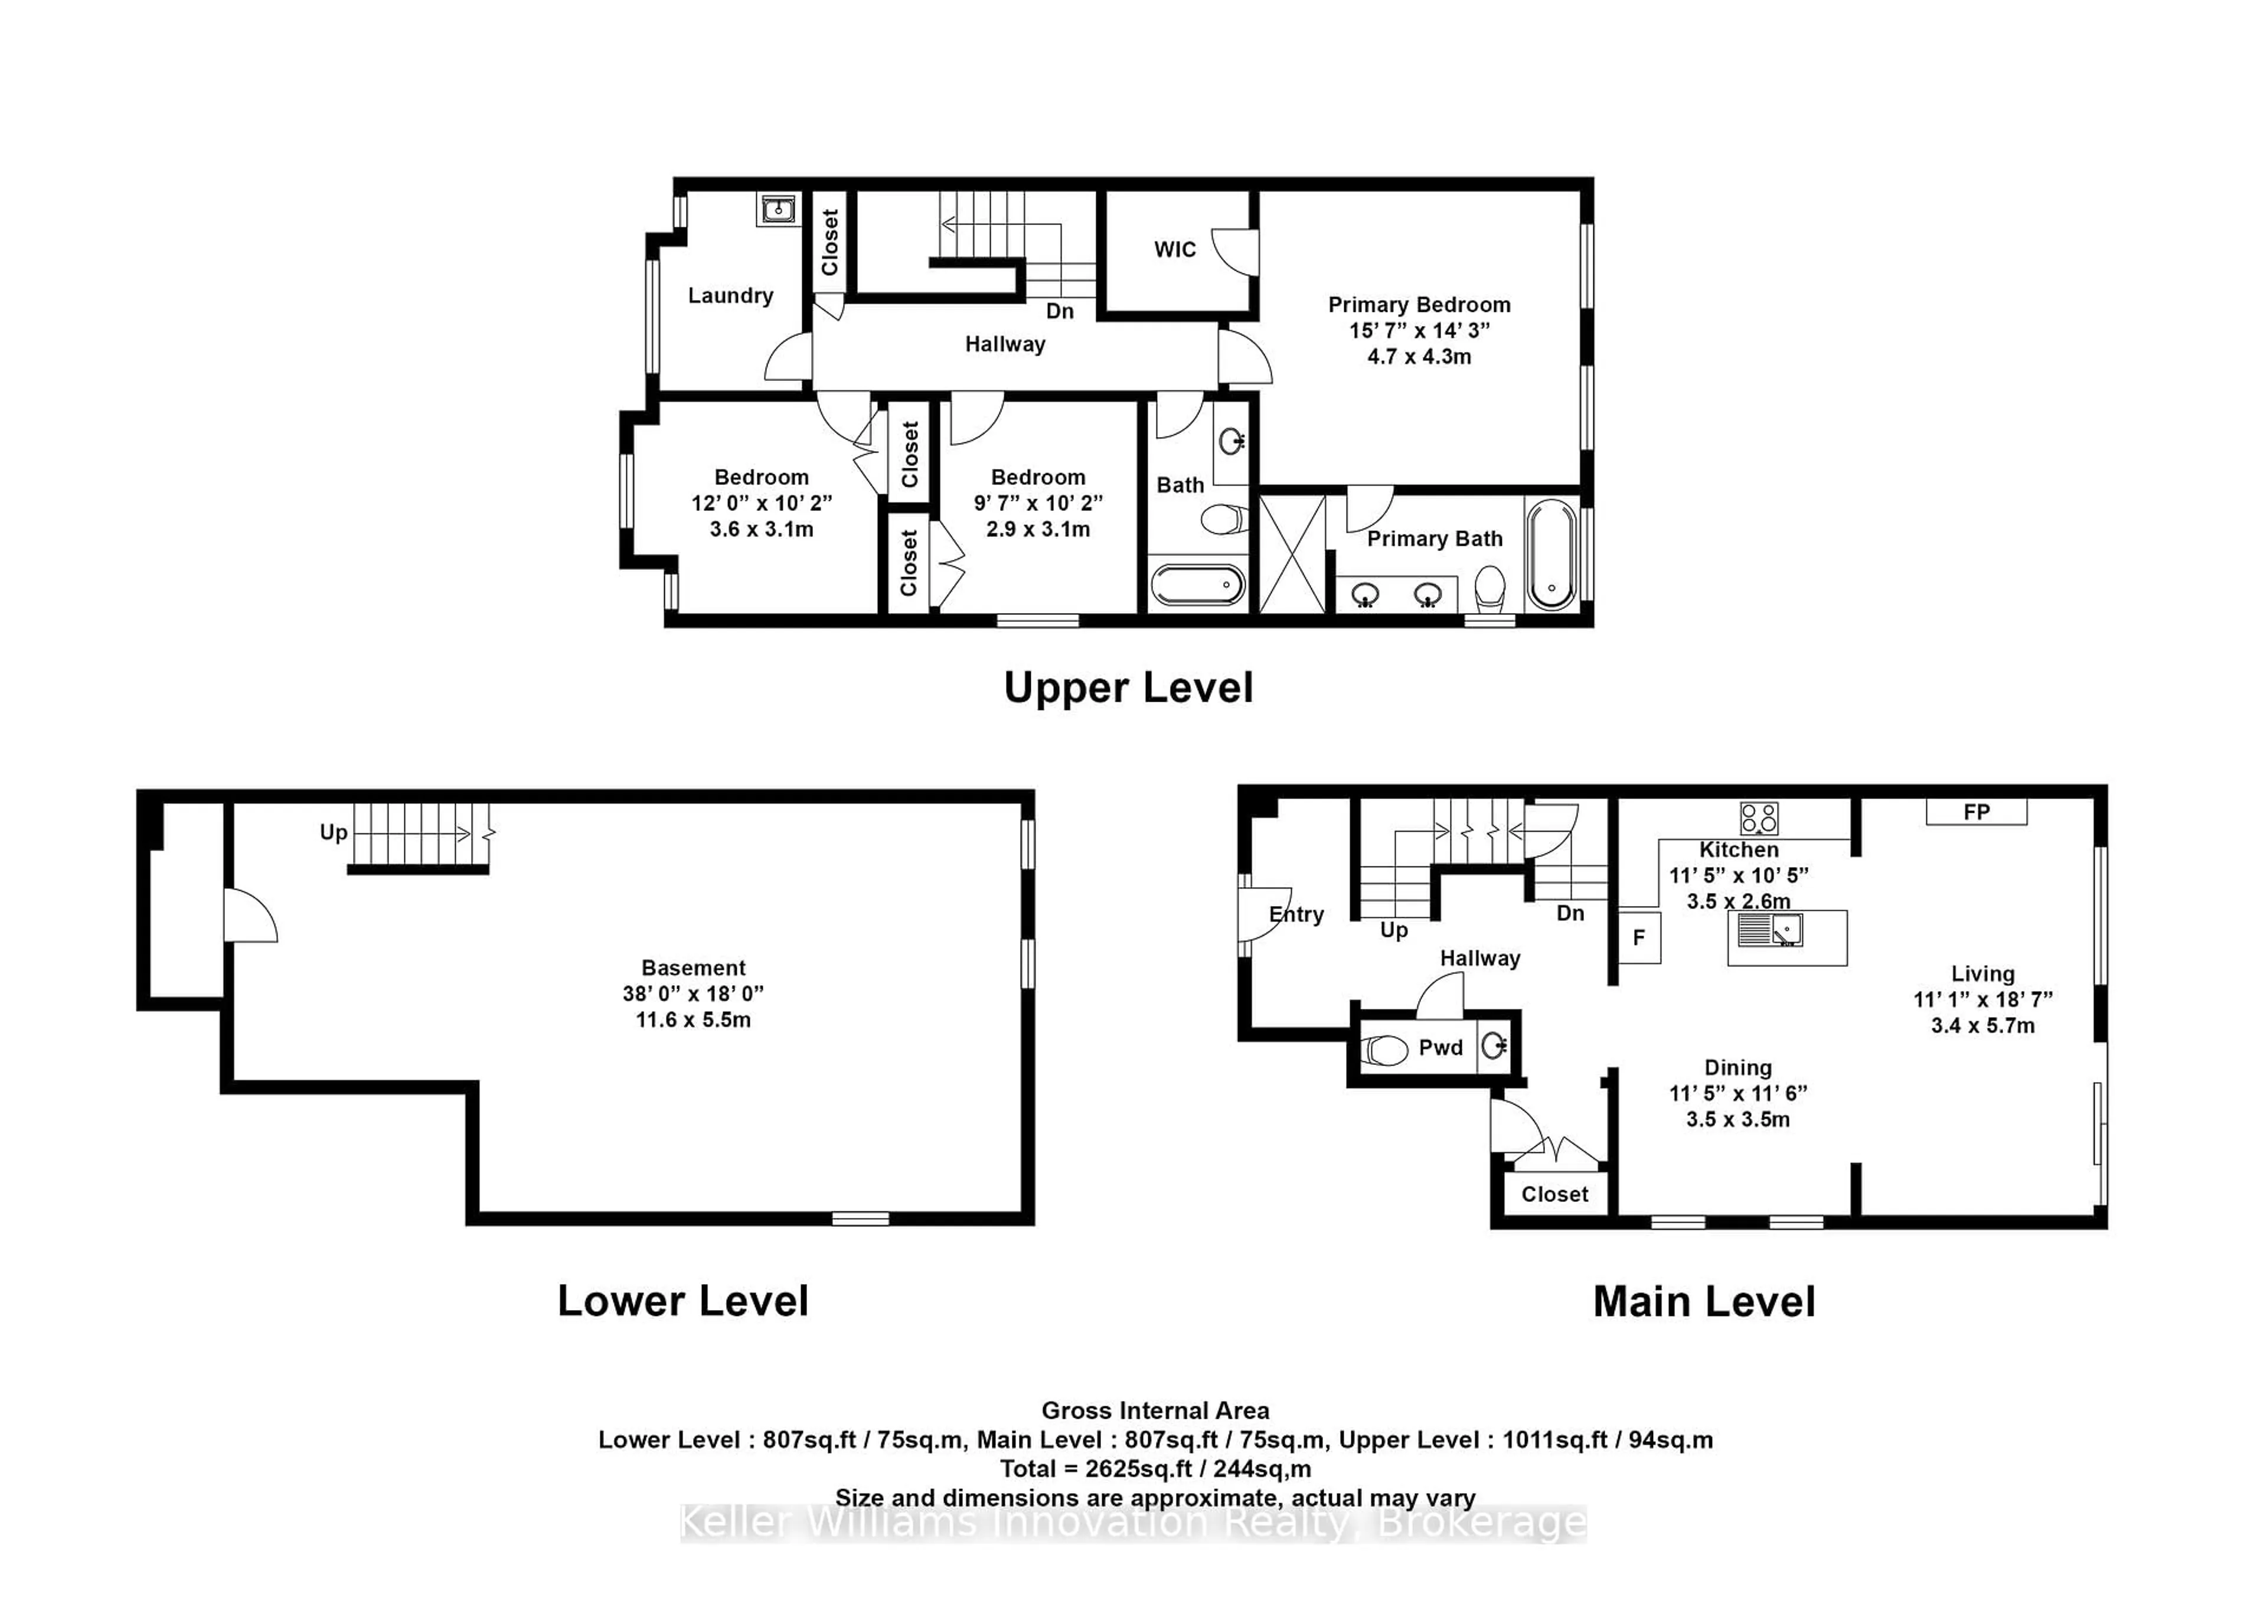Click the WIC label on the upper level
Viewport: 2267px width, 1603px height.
point(1174,250)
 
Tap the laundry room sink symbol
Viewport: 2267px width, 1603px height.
point(779,210)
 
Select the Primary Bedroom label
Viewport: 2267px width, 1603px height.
point(1419,305)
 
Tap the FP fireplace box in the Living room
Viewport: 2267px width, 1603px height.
point(1976,812)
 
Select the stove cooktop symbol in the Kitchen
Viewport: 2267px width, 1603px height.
point(1759,818)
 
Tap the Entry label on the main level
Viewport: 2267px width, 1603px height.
point(1296,914)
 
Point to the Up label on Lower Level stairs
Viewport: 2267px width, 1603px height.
point(334,833)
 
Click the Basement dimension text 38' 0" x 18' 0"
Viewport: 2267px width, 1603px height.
point(693,993)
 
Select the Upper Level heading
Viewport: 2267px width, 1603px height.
point(1129,688)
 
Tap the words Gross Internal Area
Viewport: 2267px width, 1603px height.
point(1155,1410)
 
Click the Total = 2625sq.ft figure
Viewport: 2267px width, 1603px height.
point(1155,1469)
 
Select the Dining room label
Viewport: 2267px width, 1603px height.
point(1738,1068)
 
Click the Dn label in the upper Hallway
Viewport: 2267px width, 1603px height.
point(1060,311)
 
